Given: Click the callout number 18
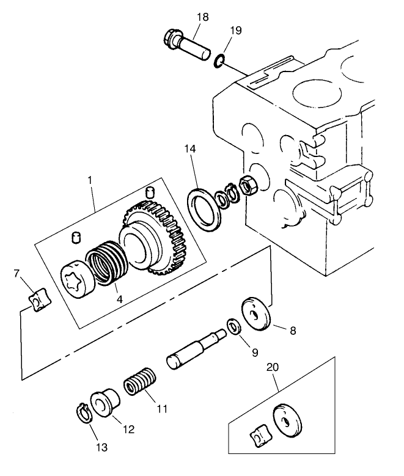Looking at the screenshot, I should tap(202, 16).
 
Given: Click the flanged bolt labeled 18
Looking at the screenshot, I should tap(186, 43).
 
